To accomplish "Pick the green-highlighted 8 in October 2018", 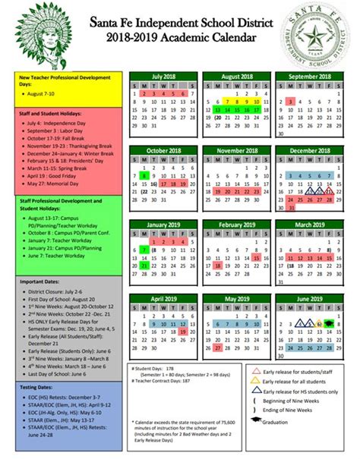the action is pos(144,175).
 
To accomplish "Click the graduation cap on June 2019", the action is pos(328,323).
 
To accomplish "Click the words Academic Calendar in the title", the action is pos(215,37).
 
